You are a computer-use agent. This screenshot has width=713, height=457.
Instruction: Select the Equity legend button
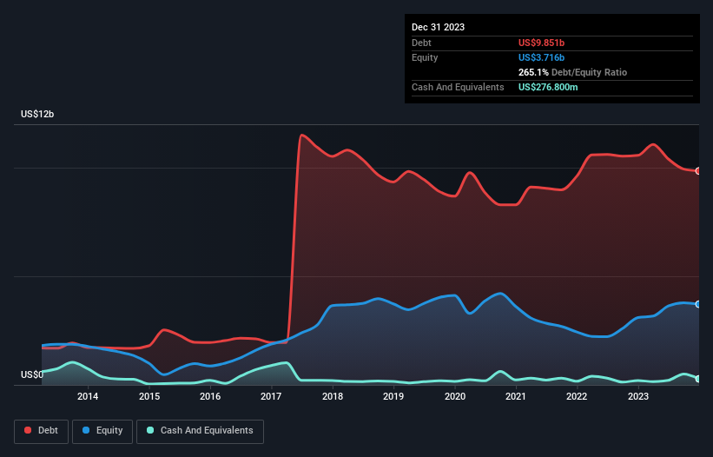102,431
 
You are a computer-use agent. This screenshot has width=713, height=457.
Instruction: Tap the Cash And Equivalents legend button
200,431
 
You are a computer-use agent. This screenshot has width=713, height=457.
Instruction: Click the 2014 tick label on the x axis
87,397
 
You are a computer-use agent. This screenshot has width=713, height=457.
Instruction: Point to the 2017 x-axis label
271,397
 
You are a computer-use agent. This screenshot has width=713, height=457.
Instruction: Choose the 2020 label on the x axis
454,397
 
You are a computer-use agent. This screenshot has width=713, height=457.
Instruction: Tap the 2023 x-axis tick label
638,397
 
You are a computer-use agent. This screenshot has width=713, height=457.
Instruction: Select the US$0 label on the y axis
32,375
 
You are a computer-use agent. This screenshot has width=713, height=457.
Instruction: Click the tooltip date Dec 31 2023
438,27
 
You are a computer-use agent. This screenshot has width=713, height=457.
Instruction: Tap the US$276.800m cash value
554,88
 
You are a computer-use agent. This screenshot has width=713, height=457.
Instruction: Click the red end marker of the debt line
698,170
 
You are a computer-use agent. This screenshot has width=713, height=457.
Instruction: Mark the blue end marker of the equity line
698,304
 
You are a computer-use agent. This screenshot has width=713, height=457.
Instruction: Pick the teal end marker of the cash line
698,379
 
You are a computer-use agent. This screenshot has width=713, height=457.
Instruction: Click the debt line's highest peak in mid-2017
301,135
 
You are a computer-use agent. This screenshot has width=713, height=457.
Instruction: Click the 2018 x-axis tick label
332,397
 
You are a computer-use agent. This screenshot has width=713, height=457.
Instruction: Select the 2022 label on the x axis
577,397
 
